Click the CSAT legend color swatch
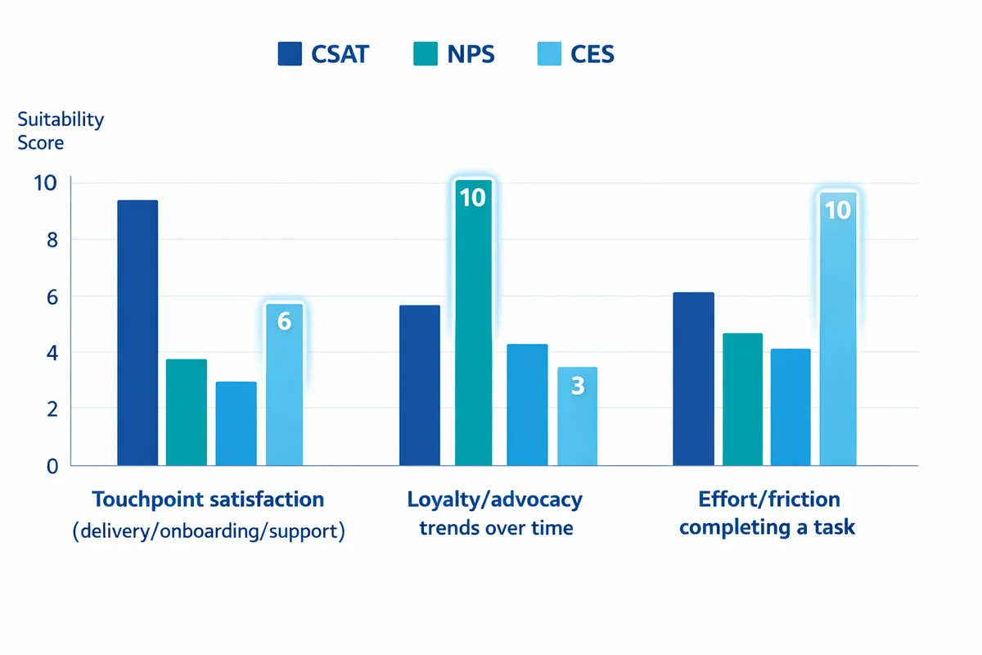pyautogui.click(x=290, y=54)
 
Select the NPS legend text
pyautogui.click(x=470, y=55)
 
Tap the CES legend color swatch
pyautogui.click(x=549, y=54)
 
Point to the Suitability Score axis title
pyautogui.click(x=61, y=130)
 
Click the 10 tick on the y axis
pyautogui.click(x=46, y=183)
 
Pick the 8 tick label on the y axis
pyautogui.click(x=52, y=240)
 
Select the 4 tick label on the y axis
pyautogui.click(x=52, y=353)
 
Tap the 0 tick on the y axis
pyautogui.click(x=52, y=466)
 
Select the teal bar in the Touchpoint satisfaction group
pyautogui.click(x=187, y=413)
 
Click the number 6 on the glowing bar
pyautogui.click(x=284, y=321)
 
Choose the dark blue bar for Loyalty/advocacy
pyautogui.click(x=420, y=386)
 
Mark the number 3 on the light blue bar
pyautogui.click(x=577, y=386)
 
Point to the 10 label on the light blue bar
pyautogui.click(x=838, y=210)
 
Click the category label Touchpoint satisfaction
pyautogui.click(x=208, y=499)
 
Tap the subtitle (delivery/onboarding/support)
pyautogui.click(x=208, y=531)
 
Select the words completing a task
pyautogui.click(x=767, y=527)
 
